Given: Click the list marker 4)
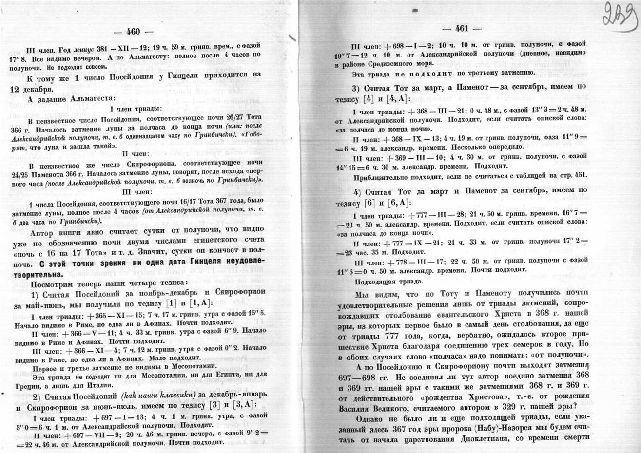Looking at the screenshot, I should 358,190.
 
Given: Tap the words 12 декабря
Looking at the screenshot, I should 28,90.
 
